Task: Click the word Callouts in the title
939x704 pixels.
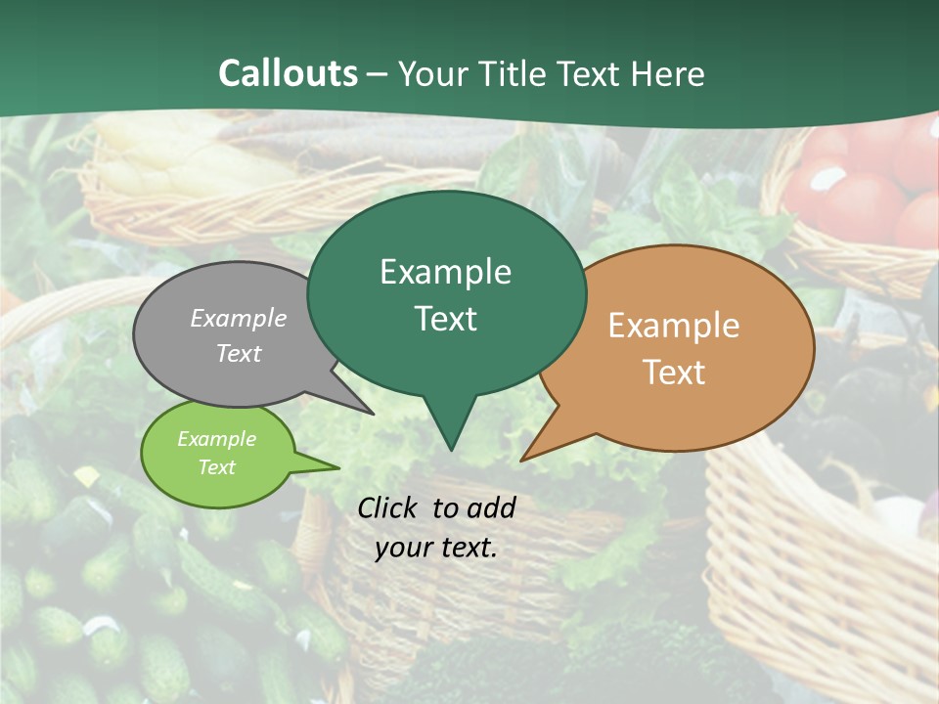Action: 288,73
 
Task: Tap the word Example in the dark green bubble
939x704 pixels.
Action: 445,272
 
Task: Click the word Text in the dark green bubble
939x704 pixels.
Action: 445,319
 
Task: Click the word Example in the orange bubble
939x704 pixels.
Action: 674,326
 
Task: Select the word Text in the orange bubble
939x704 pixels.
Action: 674,373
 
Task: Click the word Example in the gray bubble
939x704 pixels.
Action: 239,318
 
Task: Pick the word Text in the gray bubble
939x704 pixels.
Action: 239,353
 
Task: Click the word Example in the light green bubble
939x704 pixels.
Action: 216,439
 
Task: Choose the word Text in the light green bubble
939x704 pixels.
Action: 216,467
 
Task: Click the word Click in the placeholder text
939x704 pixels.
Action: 388,507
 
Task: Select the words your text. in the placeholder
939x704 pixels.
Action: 435,548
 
